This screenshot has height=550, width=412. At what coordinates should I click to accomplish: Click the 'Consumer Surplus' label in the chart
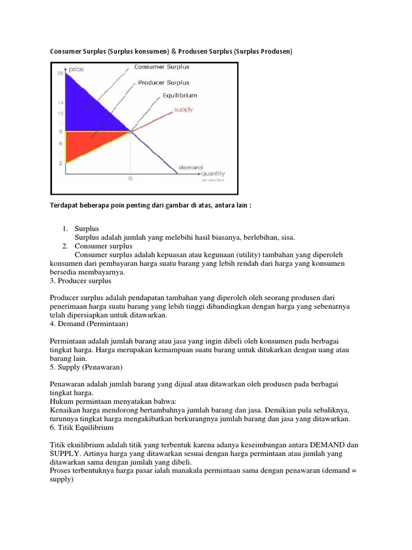(161, 67)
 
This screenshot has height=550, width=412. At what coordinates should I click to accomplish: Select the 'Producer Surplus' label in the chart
(164, 83)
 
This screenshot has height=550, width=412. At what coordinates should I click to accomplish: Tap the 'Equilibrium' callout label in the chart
(180, 96)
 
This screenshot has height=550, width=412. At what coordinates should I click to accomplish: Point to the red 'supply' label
(182, 110)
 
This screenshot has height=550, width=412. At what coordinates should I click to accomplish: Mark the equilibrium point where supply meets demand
(130, 131)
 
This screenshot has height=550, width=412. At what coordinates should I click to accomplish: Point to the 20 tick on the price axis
(61, 74)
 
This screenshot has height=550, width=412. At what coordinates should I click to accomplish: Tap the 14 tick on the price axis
(61, 102)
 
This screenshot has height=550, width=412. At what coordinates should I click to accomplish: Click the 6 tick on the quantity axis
(130, 179)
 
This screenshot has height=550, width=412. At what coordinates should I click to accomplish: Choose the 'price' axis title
(76, 69)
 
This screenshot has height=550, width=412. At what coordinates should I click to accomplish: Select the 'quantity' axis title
(213, 173)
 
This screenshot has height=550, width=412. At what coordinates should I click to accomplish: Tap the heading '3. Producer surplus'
(80, 281)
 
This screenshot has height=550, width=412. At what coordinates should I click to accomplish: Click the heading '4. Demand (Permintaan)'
(89, 324)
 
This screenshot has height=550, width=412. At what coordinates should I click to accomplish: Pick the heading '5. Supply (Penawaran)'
(86, 367)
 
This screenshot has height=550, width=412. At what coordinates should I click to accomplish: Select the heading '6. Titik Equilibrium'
(82, 428)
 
